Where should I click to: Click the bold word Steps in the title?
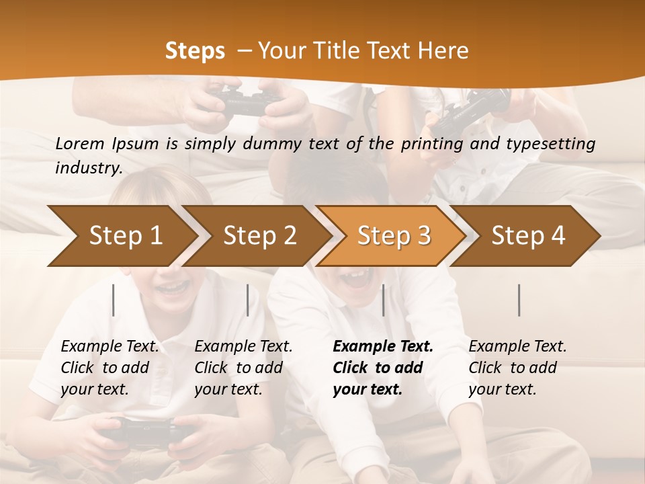click(195, 50)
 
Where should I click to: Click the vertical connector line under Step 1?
click(114, 300)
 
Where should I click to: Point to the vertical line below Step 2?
click(248, 300)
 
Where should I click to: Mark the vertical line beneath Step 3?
click(383, 300)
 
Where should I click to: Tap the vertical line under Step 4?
click(519, 300)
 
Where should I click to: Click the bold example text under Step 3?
click(383, 368)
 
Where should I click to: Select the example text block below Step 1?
click(110, 368)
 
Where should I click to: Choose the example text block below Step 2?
click(243, 368)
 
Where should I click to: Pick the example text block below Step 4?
click(517, 368)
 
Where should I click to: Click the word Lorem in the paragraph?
click(80, 143)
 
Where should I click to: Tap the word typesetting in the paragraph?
click(555, 143)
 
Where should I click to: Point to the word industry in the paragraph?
click(88, 167)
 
